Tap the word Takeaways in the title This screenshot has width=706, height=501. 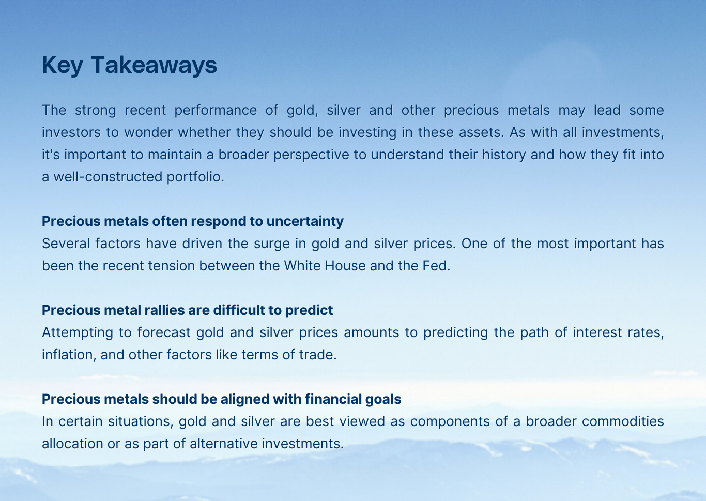pos(154,65)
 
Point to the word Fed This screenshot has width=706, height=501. pos(438,266)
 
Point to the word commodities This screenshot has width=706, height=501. pos(623,421)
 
